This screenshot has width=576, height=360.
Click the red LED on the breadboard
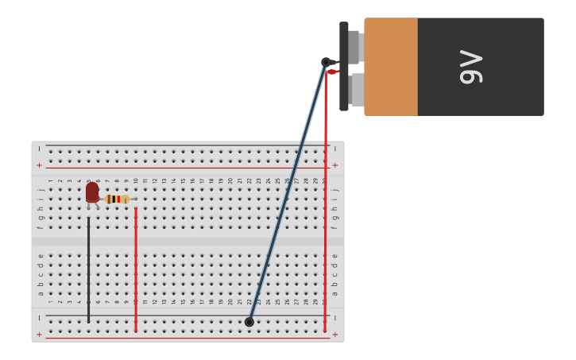pos(92,192)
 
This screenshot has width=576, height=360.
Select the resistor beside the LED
pos(118,199)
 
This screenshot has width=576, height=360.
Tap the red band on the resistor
pos(118,199)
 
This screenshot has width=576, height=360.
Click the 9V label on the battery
pos(471,67)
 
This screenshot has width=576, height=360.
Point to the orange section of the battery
pos(391,67)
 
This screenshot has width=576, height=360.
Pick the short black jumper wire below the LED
pos(88,270)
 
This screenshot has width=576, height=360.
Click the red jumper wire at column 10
pos(136,270)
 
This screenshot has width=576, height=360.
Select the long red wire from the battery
pos(325,199)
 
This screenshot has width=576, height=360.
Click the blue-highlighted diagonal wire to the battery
pos(288,191)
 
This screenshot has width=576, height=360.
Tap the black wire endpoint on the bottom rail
pos(249,322)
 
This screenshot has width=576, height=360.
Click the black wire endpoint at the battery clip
pos(326,62)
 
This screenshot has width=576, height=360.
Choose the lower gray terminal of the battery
pos(357,90)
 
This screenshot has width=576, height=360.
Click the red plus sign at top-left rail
pos(39,165)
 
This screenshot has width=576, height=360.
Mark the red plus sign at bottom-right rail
pos(334,335)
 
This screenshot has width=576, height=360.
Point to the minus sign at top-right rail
pos(334,149)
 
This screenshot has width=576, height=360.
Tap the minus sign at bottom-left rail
pos(39,318)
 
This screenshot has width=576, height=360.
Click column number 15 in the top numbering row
pos(183,180)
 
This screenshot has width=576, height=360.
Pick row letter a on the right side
pos(334,293)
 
